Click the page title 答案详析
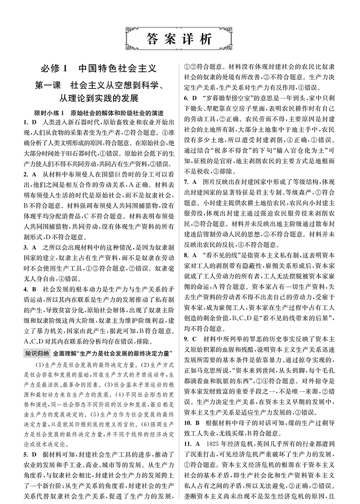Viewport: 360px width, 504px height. pos(180,39)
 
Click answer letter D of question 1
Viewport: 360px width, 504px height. pos(33,123)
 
